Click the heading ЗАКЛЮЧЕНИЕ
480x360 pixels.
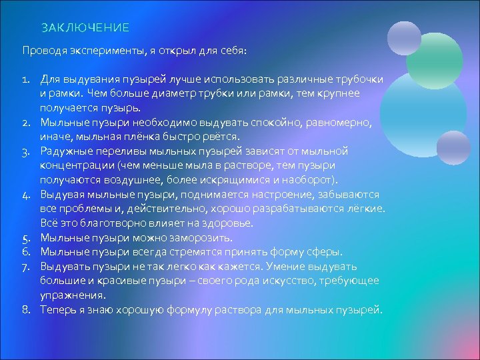tap(85, 28)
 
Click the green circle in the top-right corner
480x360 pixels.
tap(434, 61)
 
